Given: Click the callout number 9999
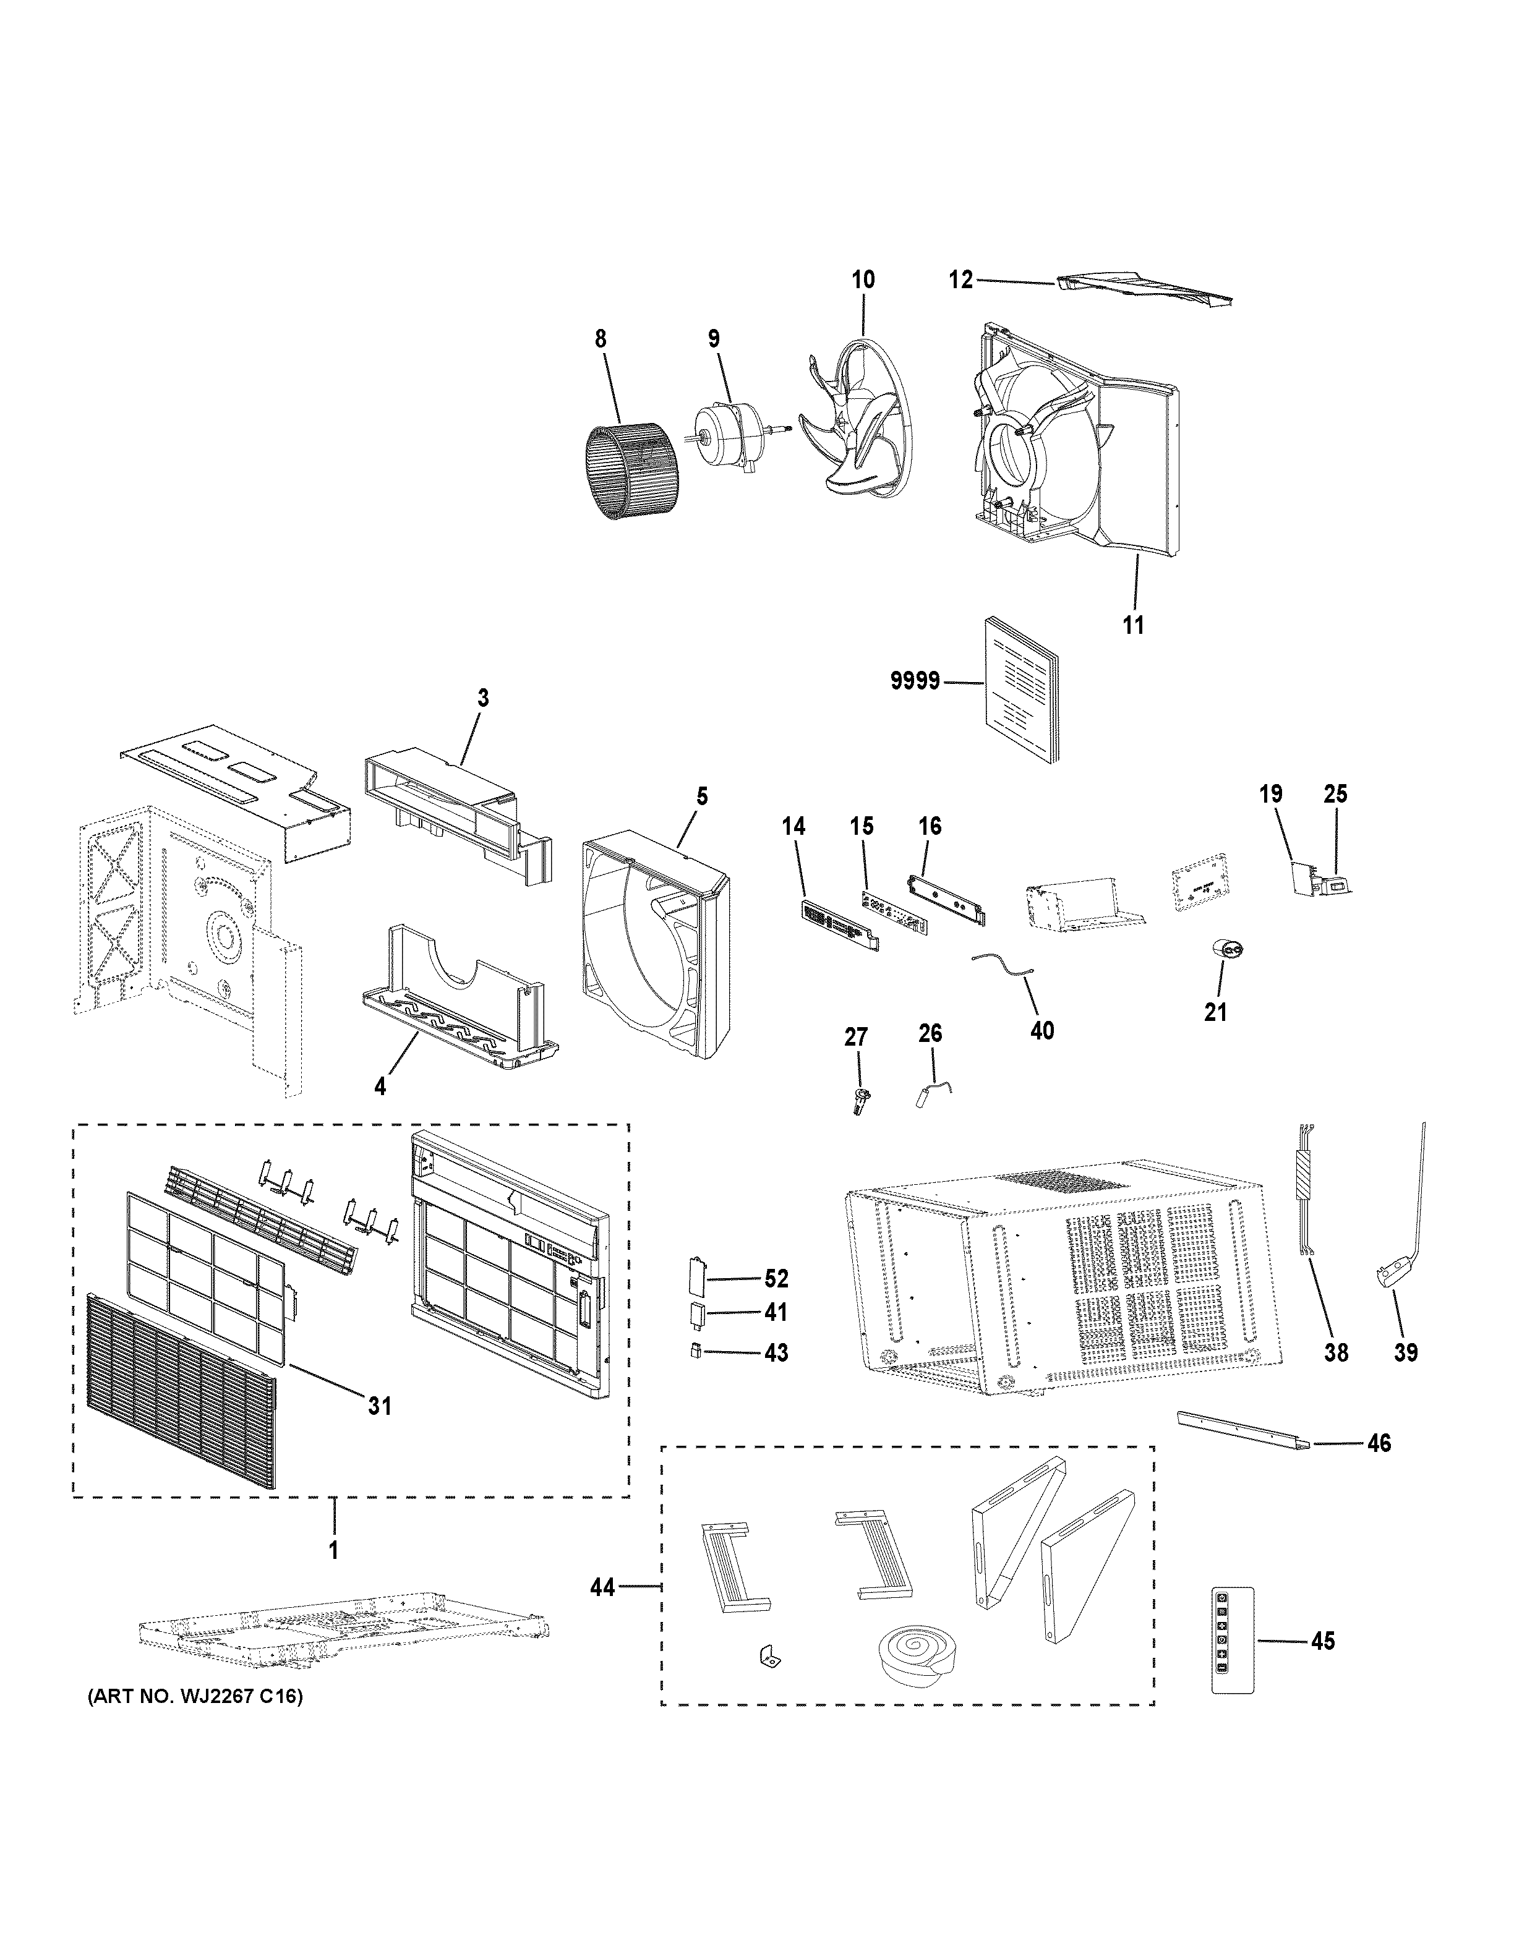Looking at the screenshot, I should point(915,681).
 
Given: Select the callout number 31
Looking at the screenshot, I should point(380,1406).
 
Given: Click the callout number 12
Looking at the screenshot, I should point(960,280).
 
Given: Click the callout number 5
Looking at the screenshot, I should point(701,796).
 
